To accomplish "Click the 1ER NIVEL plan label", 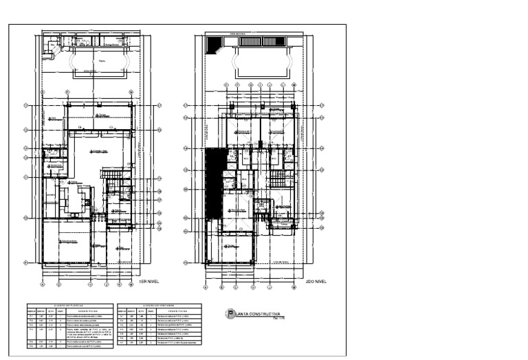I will pyautogui.click(x=149, y=281).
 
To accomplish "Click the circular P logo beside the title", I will pyautogui.click(x=230, y=315).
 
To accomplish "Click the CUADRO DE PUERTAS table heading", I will pyautogui.click(x=69, y=306).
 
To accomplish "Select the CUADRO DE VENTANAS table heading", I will pyautogui.click(x=159, y=306).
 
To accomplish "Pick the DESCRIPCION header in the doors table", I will pyautogui.click(x=89, y=311).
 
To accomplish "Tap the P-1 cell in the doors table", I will pyautogui.click(x=32, y=316).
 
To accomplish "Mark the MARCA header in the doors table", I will pyautogui.click(x=32, y=311).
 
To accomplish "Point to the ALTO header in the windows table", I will pyautogui.click(x=141, y=311).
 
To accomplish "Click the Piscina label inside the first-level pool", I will pyautogui.click(x=102, y=60).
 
